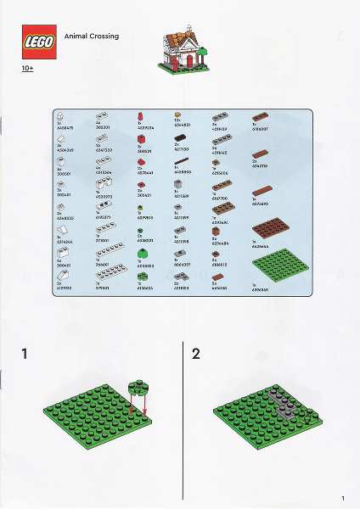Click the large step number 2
point(196,354)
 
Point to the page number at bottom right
point(342,497)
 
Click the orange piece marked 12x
point(178,115)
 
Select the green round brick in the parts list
point(142,252)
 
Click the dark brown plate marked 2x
point(180,137)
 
